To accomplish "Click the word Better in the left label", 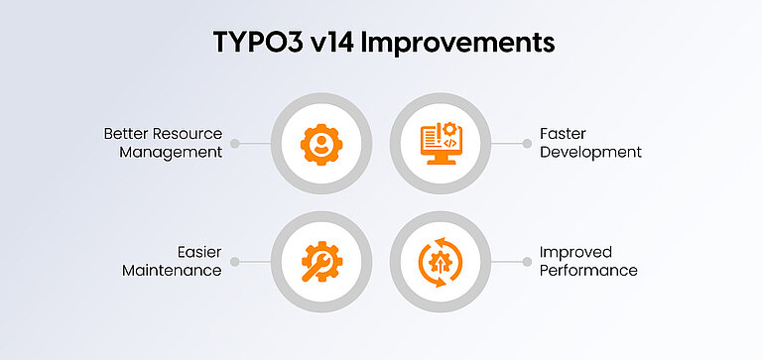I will coord(128,133).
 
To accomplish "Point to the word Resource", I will coord(190,133).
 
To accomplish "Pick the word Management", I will coord(171,153).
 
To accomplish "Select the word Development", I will coord(590,153).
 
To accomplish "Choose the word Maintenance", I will coord(172,271).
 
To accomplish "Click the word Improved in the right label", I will coord(575,252).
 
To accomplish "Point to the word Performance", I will coord(588,271).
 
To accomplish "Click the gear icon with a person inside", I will coord(320,143).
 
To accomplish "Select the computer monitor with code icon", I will coord(438,143).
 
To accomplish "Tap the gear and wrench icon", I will coord(320,262).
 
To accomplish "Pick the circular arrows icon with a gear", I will coord(438,262).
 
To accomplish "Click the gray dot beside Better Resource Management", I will coord(235,143).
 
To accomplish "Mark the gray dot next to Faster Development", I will coord(526,143).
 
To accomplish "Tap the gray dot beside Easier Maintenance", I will coord(235,262).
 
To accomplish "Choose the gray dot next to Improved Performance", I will coord(526,262).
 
